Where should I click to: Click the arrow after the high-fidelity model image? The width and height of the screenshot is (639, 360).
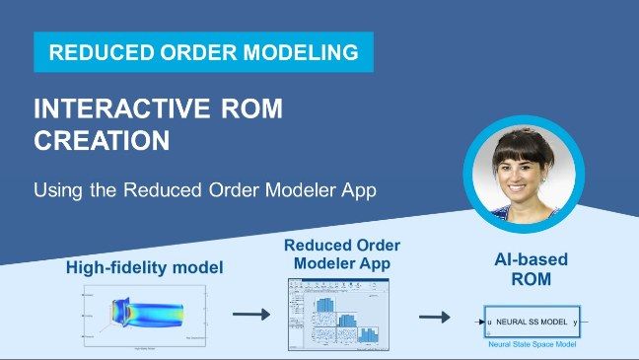[249, 316]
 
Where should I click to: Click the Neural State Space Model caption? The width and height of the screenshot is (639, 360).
[532, 344]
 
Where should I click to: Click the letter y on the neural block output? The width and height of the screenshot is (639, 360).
[575, 322]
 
